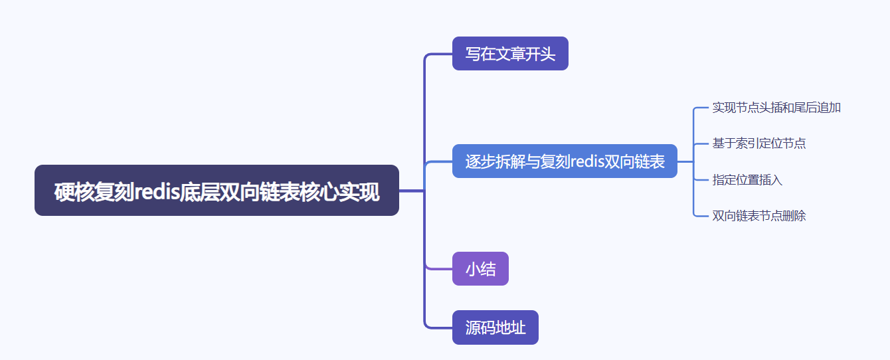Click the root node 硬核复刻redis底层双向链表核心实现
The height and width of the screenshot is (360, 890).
217,191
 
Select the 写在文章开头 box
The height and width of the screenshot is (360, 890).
510,54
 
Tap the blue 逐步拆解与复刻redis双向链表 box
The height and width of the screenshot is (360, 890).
565,161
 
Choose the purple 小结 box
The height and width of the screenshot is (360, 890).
480,269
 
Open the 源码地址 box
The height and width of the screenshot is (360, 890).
495,327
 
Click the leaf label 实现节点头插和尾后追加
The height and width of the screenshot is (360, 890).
776,108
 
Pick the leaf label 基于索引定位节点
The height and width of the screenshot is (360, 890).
759,143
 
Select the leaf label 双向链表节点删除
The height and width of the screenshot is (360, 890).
759,216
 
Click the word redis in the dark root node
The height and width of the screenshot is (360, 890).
154,191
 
